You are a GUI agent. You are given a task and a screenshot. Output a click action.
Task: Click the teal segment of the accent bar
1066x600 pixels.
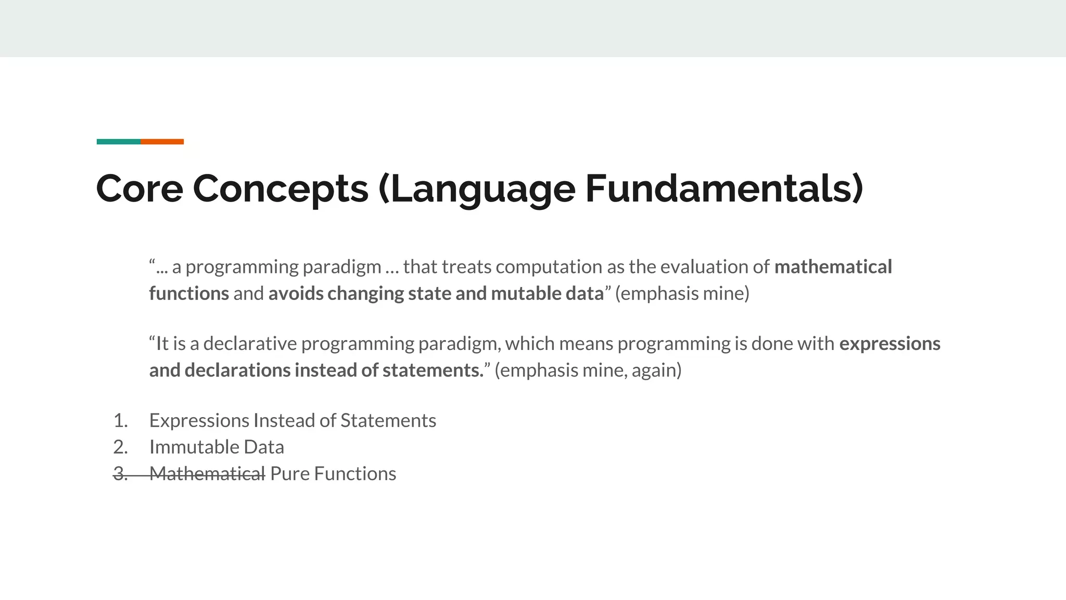118,142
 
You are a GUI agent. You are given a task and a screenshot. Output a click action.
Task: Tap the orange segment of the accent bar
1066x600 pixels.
162,142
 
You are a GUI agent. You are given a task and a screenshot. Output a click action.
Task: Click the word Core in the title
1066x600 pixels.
139,188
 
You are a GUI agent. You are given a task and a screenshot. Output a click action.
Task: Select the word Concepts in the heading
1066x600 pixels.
281,188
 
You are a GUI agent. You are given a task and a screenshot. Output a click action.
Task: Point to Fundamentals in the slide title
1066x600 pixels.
724,188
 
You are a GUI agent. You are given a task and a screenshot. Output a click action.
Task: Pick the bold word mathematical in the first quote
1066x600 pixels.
833,267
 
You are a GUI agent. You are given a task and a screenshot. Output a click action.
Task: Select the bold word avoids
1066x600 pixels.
296,293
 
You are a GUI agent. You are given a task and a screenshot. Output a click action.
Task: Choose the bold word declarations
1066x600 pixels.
237,370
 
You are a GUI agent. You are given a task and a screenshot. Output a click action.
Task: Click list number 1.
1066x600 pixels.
120,421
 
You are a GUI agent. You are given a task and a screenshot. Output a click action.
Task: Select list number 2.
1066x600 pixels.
120,447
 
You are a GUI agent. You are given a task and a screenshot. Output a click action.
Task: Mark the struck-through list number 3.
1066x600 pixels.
120,474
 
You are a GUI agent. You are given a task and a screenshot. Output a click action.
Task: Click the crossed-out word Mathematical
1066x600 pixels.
207,474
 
